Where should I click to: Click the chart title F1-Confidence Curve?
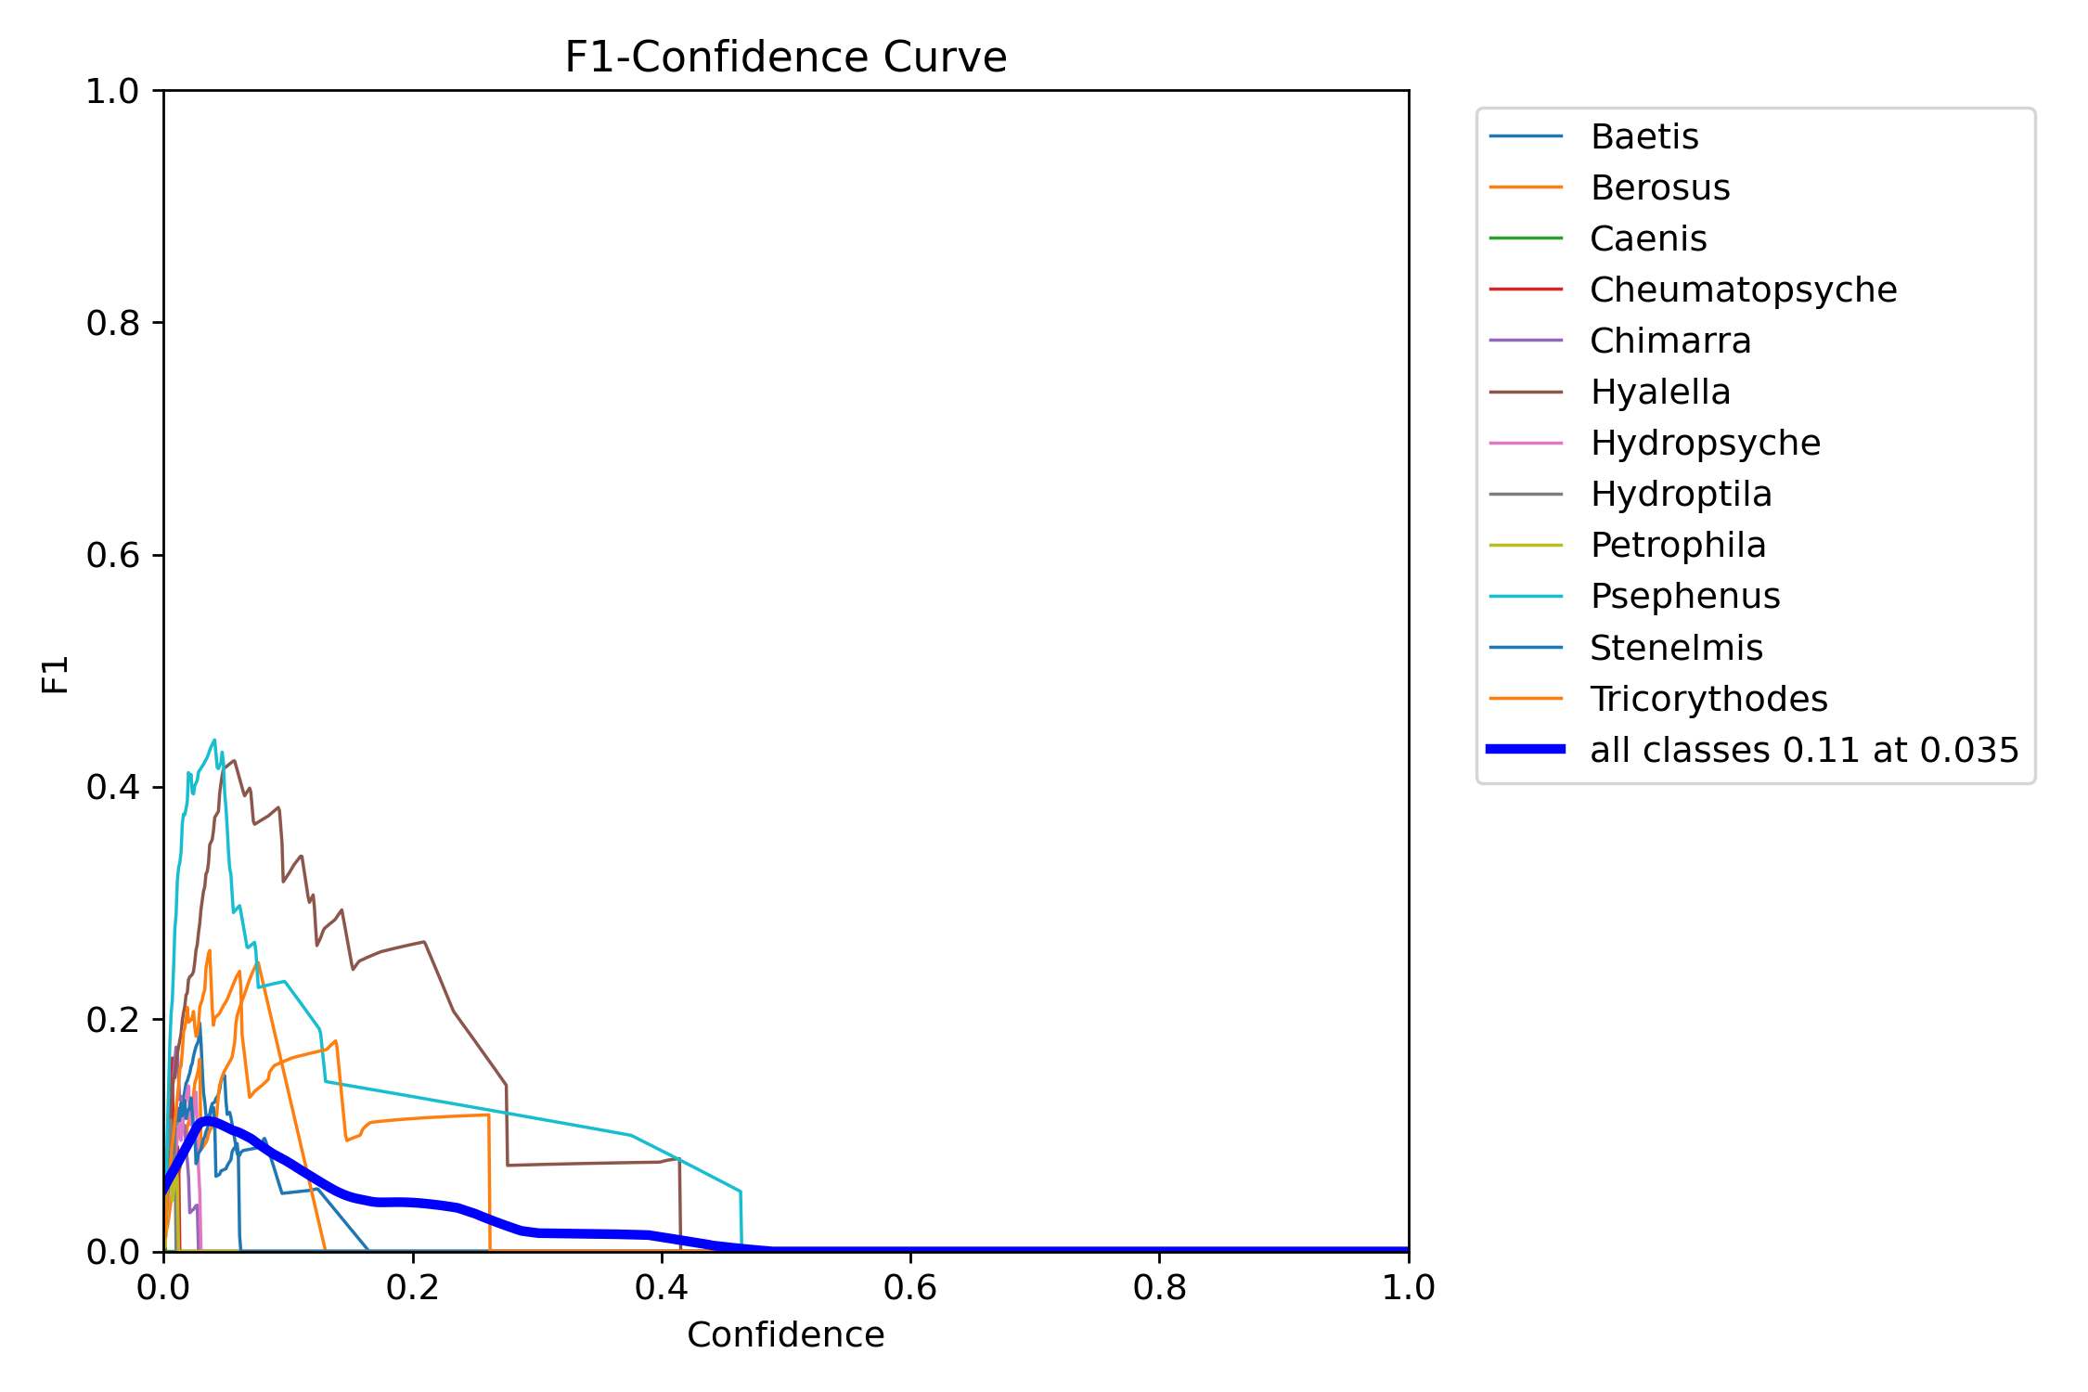point(785,58)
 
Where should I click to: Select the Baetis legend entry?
point(1643,136)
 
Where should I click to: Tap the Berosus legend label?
point(1659,187)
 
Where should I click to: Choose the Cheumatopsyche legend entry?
point(1743,290)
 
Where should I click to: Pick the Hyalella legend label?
point(1659,392)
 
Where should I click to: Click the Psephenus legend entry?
point(1684,596)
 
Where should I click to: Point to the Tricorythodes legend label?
point(1708,699)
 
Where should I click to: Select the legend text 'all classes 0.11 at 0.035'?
point(1803,750)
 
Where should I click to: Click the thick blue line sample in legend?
point(1526,749)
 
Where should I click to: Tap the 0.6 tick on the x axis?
point(910,1287)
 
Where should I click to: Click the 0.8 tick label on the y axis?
point(111,323)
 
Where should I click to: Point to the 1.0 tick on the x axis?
point(1408,1287)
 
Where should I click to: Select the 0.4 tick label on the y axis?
point(111,787)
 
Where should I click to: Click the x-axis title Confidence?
point(785,1334)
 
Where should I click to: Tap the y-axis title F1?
point(56,674)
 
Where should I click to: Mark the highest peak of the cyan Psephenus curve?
point(214,741)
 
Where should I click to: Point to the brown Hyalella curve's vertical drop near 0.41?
point(680,1206)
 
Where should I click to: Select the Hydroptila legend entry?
point(1680,494)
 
